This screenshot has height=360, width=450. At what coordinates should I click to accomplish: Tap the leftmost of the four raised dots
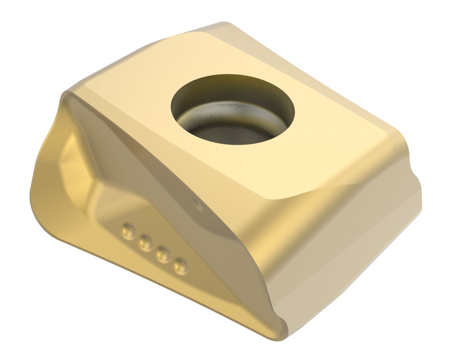point(128,228)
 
